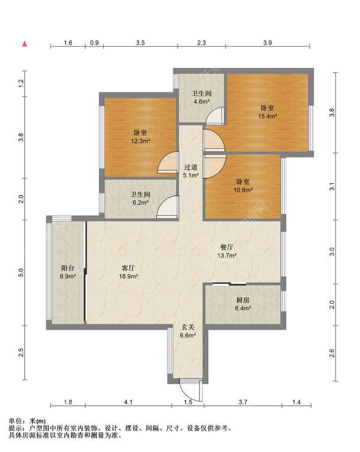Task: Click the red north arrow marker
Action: click(25, 44)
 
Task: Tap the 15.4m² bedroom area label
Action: click(268, 112)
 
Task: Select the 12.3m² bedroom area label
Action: click(140, 137)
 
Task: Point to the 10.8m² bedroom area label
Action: click(243, 186)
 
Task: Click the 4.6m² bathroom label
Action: click(202, 97)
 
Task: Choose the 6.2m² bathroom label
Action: click(140, 198)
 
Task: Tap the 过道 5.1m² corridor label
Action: click(191, 171)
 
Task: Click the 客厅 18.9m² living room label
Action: click(128, 272)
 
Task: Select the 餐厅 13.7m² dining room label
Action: click(227, 251)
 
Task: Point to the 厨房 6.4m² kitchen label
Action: click(242, 304)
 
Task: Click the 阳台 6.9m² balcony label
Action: click(68, 272)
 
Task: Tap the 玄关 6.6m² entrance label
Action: click(188, 331)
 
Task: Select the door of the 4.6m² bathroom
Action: click(215, 116)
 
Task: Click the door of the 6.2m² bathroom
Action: click(167, 206)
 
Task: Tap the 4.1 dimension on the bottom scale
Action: click(128, 402)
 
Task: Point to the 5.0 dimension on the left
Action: click(21, 273)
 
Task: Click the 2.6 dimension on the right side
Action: click(332, 353)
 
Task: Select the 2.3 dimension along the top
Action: click(202, 43)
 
